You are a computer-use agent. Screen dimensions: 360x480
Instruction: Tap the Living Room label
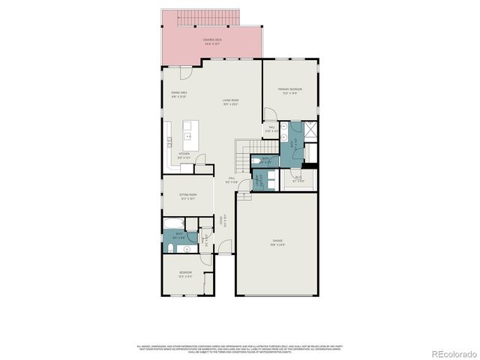tap(230, 102)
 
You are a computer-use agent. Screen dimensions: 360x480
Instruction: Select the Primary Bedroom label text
tap(290, 92)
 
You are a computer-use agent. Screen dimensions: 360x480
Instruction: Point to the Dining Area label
tap(178, 94)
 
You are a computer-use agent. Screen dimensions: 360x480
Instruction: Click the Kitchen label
tap(184, 156)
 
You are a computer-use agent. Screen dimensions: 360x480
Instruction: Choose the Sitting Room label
tap(187, 196)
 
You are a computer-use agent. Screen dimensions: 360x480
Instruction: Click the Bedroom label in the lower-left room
tap(185, 273)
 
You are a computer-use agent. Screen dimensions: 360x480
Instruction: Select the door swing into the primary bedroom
tap(269, 114)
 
